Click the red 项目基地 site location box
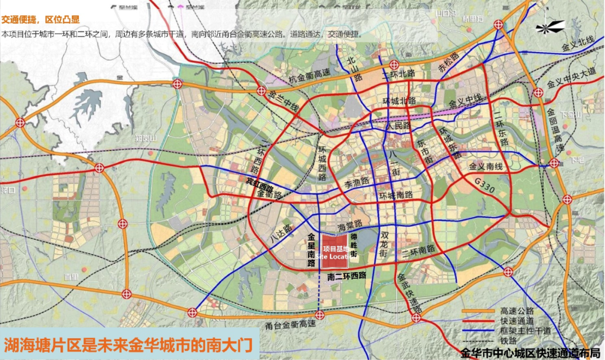tap(334, 250)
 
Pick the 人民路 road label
tap(398, 126)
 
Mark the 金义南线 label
tap(487, 166)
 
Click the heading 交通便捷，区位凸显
tap(40, 19)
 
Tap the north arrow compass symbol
tap(550, 27)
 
